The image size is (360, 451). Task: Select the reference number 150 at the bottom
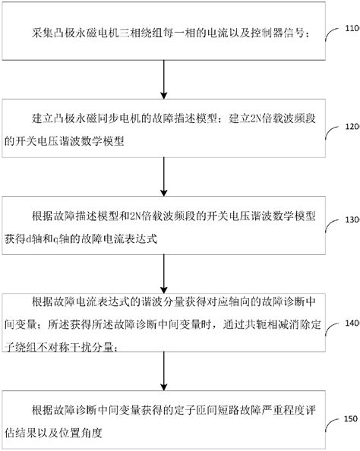coord(351,418)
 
